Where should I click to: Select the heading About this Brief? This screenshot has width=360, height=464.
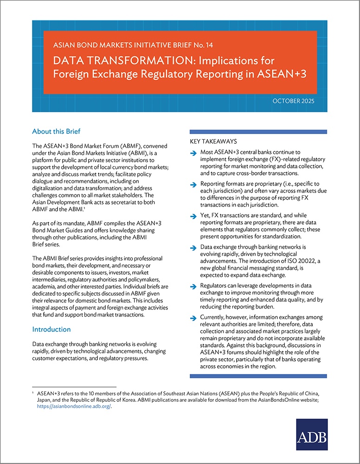[56, 131]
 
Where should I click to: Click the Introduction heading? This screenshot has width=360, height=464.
[51, 329]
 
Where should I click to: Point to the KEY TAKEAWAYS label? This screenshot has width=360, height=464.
[213, 141]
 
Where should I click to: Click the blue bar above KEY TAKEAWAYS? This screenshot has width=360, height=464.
[258, 131]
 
